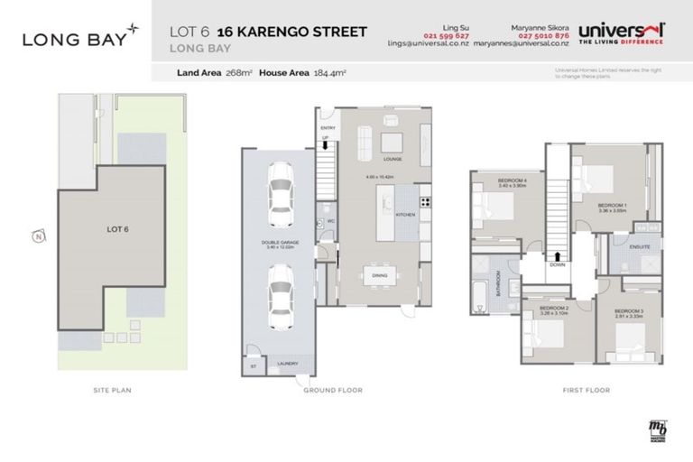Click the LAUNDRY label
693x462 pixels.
pos(288,364)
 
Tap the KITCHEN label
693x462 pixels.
pos(406,214)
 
